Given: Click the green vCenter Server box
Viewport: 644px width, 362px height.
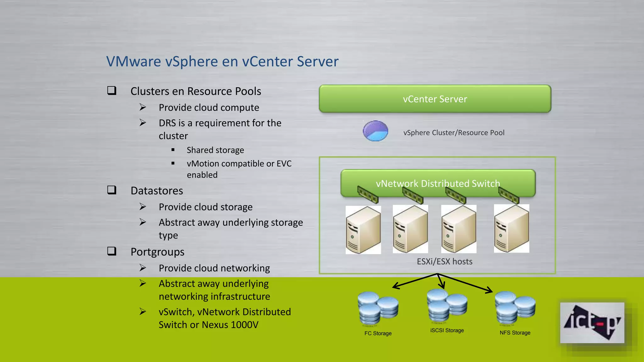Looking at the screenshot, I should coord(435,99).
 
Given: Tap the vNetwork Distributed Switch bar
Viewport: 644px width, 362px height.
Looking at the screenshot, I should coord(438,183).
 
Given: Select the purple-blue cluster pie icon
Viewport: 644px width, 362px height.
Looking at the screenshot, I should coord(375,131).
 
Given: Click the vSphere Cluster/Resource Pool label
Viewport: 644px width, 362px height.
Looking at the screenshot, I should coord(454,133).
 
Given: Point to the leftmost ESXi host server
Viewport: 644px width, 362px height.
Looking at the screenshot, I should coord(363,230).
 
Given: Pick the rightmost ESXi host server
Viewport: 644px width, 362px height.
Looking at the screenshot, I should coord(512,228).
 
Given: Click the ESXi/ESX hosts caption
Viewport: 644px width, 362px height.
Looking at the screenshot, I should coord(445,261).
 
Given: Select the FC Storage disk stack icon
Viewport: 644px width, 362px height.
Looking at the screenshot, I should coord(378,308).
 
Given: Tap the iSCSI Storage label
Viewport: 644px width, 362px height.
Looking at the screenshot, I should coord(447,330).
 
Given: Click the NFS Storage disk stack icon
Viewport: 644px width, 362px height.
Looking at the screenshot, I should coord(515,308).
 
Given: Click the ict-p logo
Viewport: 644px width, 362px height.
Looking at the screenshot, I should coord(592,323).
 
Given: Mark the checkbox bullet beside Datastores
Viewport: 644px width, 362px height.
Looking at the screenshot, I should coord(112,190).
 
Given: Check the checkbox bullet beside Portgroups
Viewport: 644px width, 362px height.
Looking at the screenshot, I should coord(112,251).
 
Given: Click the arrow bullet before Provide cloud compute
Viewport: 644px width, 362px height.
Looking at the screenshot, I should coord(143,107).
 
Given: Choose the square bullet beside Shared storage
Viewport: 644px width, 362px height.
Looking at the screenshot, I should coord(173,150).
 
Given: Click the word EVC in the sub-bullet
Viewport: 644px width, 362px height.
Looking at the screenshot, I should coord(284,164).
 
